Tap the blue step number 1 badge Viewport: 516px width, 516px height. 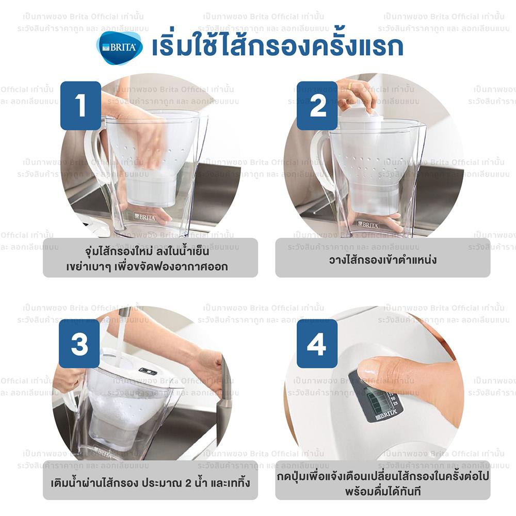[80, 105]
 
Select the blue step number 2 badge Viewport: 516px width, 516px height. [317, 105]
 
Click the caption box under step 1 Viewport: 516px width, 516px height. [150, 257]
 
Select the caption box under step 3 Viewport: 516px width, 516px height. [150, 483]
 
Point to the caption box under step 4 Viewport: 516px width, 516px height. [382, 483]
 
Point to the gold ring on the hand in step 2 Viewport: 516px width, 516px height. [350, 86]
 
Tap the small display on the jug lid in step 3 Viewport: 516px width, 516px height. [148, 371]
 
